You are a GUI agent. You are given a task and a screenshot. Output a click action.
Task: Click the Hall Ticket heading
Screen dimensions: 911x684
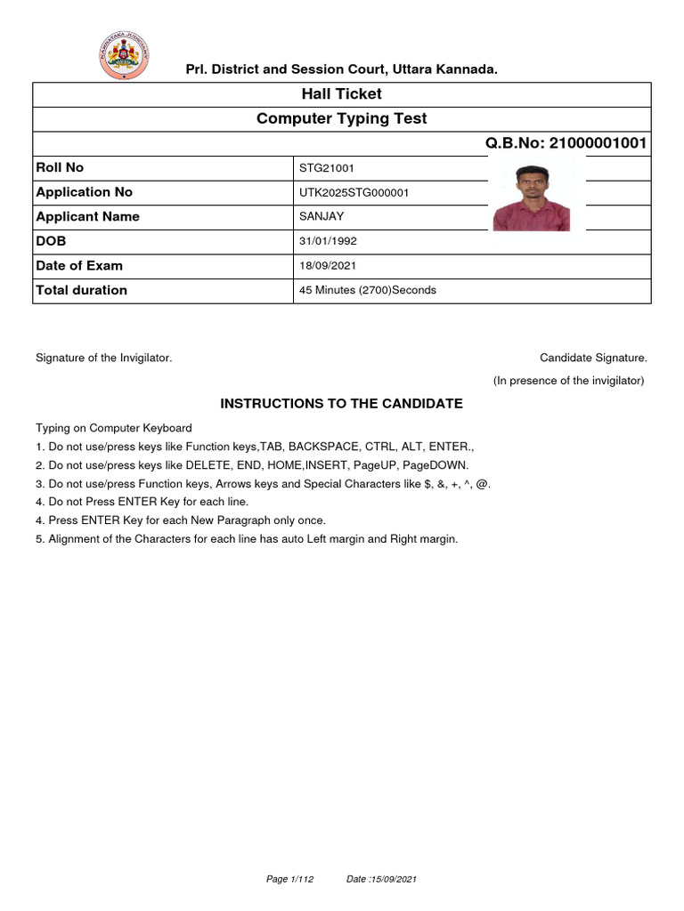[x=342, y=94]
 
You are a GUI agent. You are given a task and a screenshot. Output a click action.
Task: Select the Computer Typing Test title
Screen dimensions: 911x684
[x=342, y=119]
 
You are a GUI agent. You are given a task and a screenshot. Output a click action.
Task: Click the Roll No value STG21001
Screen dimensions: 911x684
[x=327, y=168]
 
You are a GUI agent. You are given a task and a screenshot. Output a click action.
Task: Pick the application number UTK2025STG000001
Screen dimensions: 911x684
[x=354, y=193]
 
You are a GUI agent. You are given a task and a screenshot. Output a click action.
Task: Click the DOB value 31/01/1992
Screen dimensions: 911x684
[x=329, y=241]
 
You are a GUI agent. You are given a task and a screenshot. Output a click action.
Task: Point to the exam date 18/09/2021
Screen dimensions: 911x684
[x=329, y=266]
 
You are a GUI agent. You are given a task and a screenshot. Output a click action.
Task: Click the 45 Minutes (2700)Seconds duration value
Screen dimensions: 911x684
[x=368, y=290]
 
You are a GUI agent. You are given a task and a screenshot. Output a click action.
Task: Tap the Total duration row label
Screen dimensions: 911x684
[x=81, y=290]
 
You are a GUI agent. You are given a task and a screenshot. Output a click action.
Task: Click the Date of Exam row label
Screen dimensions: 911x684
[x=79, y=266]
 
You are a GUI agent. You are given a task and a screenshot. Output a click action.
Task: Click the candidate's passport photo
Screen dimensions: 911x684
[x=532, y=198]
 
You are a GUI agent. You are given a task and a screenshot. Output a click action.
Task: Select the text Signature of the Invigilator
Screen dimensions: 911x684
[x=103, y=358]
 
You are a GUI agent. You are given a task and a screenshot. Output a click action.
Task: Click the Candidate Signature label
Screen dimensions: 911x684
[x=593, y=358]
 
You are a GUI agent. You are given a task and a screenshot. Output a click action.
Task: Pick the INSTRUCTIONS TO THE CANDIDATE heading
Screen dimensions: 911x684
[x=342, y=404]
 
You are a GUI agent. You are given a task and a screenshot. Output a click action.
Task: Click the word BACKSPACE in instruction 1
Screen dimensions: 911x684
[x=317, y=447]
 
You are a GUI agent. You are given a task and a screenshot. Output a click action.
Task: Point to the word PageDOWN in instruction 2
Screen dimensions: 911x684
[x=435, y=465]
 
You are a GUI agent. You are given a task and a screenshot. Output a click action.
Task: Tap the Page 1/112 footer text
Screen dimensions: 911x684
[x=289, y=879]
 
